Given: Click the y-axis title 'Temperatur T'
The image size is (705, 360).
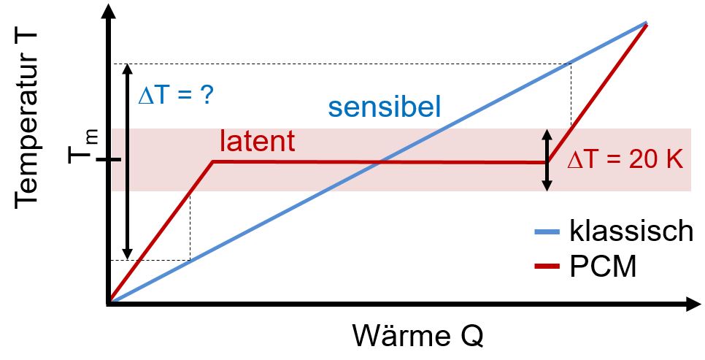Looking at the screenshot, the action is pos(27,120).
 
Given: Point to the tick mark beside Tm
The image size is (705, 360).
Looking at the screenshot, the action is pos(108,160).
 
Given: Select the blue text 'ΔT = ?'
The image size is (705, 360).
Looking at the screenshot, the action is pos(176,96).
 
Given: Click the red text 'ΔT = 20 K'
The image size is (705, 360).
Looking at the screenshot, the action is pos(625,159).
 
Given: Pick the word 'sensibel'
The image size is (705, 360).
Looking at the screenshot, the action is pos(385,107).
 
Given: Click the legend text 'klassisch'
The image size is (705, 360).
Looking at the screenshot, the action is pos(631,231).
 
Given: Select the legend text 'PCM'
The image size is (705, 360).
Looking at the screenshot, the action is pos(604,267).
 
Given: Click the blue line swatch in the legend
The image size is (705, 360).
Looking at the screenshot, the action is pos(547,231).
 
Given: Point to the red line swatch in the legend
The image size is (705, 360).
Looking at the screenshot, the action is pos(547,267).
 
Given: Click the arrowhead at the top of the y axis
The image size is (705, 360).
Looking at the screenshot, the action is pos(108,11).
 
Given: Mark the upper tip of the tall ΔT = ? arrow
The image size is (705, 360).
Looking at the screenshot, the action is pos(128,65).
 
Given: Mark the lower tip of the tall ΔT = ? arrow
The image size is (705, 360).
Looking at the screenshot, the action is pos(128,258).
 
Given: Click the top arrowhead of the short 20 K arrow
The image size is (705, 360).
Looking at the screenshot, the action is pos(547,130).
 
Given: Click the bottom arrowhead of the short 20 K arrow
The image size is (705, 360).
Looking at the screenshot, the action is pos(547,190).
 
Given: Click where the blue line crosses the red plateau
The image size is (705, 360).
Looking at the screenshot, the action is pos(381,161).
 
